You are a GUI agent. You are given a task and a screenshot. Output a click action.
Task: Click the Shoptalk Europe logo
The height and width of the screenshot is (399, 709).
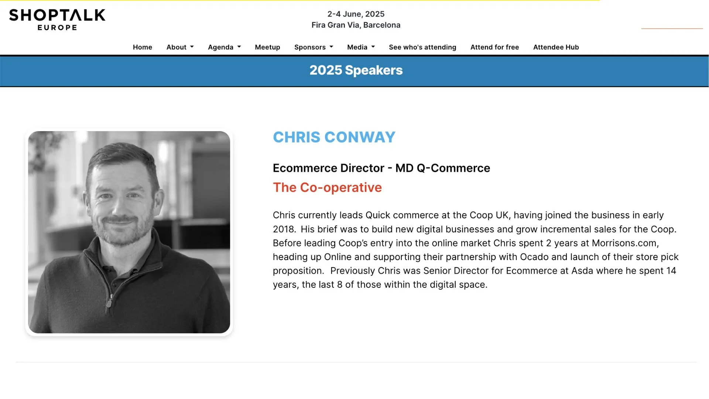(x=57, y=20)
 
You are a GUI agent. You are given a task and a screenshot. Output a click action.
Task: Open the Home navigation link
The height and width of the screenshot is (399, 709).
(x=143, y=47)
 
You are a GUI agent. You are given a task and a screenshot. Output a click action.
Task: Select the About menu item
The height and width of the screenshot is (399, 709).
(x=180, y=47)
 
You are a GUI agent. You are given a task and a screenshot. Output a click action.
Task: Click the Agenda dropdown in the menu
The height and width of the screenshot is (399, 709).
(x=224, y=47)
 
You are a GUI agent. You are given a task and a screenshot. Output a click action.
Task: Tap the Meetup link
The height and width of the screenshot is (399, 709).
(x=267, y=47)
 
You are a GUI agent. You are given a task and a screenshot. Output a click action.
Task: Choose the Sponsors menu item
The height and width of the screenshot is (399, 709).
(x=314, y=47)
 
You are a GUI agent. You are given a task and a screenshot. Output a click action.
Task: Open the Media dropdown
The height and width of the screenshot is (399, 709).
(x=361, y=47)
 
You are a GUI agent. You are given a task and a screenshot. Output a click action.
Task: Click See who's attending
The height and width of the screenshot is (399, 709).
(x=422, y=47)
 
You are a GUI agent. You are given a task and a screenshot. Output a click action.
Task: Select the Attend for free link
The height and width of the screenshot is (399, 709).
(x=494, y=47)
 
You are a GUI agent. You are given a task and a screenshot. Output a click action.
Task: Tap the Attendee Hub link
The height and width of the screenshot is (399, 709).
(x=556, y=47)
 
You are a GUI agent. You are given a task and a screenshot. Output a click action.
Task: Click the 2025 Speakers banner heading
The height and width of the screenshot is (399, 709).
(x=356, y=70)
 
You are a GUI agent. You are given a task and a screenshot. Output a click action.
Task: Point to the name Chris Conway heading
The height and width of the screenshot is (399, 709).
(x=334, y=137)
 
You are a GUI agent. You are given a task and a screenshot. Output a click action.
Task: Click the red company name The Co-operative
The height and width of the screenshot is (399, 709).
(x=327, y=187)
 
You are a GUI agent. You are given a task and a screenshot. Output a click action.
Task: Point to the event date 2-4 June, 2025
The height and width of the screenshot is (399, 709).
(x=356, y=14)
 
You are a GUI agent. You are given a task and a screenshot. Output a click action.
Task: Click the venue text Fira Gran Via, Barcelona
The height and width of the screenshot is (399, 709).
(x=356, y=25)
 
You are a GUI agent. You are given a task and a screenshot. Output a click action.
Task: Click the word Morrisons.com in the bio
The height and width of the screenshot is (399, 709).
(x=625, y=243)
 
